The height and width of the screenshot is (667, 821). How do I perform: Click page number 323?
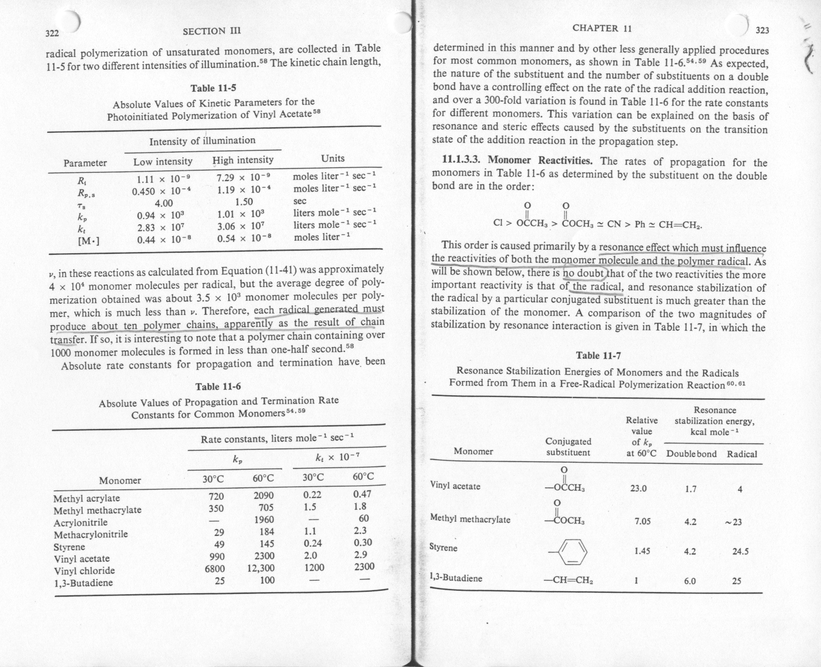click(x=762, y=31)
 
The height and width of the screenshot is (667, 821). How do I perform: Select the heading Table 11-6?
click(x=218, y=387)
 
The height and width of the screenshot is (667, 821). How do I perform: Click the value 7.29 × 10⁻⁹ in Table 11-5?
click(x=243, y=178)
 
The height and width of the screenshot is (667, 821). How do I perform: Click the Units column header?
click(x=333, y=158)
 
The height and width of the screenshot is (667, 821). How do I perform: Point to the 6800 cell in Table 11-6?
click(x=215, y=569)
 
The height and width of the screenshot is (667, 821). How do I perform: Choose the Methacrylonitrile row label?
click(x=91, y=534)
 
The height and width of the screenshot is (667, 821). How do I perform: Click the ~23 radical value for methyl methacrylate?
click(x=737, y=522)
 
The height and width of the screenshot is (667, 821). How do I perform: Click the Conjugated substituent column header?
click(x=568, y=447)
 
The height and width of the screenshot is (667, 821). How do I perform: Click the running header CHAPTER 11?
click(x=602, y=28)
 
